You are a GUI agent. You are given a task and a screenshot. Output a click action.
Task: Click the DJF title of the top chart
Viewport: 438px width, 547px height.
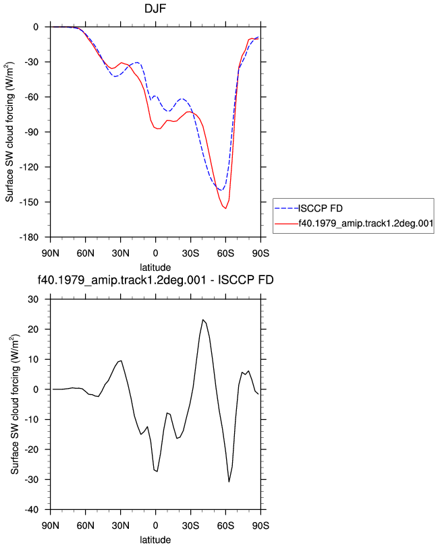(x=155, y=9)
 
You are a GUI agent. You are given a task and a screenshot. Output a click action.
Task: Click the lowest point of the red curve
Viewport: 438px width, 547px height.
(x=226, y=208)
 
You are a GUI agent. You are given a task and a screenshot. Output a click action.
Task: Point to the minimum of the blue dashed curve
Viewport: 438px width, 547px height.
(x=221, y=190)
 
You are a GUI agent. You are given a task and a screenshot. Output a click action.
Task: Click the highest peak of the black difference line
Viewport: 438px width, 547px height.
(x=202, y=319)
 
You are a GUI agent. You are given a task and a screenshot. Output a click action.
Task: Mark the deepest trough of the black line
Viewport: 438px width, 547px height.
(x=229, y=482)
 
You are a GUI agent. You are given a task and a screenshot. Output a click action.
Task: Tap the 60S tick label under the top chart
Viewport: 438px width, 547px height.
(x=225, y=253)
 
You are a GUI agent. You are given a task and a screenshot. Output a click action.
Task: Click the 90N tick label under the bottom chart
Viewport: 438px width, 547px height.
(x=51, y=525)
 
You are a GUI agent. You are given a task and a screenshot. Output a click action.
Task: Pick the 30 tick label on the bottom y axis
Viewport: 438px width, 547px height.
(x=33, y=299)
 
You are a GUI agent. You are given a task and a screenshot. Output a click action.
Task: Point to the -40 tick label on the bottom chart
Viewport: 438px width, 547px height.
(x=32, y=510)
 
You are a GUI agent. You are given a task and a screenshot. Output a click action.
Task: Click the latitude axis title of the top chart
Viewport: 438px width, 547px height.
(x=155, y=267)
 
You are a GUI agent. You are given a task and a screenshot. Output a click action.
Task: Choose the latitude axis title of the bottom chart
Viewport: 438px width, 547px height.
(x=155, y=540)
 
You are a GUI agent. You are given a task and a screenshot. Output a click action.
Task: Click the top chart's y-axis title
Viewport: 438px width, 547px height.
(x=9, y=132)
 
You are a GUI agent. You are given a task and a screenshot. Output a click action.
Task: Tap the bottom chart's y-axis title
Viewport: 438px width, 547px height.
(x=14, y=404)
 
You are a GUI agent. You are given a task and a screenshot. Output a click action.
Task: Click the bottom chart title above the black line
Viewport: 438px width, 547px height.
(x=155, y=280)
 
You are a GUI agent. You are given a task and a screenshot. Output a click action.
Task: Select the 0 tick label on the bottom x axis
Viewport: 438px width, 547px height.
(x=155, y=525)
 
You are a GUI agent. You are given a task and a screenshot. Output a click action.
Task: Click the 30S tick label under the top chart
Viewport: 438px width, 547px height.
(x=190, y=253)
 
